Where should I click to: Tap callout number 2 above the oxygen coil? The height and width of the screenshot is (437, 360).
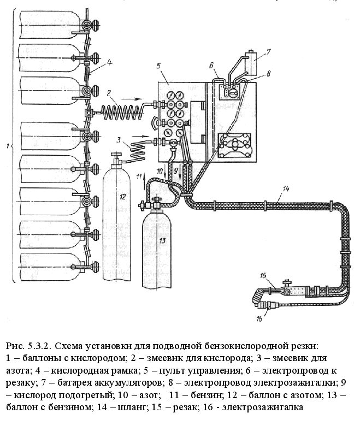tap(109, 93)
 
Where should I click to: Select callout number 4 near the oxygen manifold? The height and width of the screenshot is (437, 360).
tap(109, 62)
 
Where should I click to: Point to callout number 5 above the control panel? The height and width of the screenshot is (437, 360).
tap(158, 66)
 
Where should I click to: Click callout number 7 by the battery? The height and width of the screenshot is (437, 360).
tap(268, 52)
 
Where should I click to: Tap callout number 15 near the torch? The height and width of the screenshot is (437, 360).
tap(263, 275)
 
